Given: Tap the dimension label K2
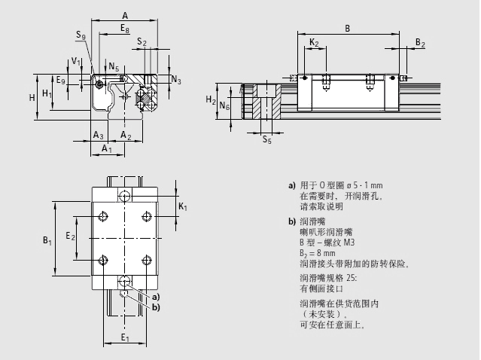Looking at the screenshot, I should point(314,43).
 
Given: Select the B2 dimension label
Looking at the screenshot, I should point(420,43).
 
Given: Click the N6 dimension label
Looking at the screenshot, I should point(224,106).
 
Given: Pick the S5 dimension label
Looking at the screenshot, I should point(266,139).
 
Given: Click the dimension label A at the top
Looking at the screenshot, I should point(125,15).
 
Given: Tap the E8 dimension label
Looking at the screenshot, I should point(125,28).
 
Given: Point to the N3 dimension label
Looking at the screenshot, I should point(175,79).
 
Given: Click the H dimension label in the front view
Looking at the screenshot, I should point(32,97).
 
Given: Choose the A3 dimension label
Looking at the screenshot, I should point(98,135).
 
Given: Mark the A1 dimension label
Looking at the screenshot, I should point(107,148).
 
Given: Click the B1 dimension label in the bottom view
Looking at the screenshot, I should point(47,240).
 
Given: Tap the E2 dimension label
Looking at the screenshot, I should point(70,236).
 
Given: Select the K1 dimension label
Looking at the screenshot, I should point(183,206).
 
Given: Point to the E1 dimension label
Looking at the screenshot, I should point(125,338).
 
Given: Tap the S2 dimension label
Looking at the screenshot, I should point(142,43).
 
